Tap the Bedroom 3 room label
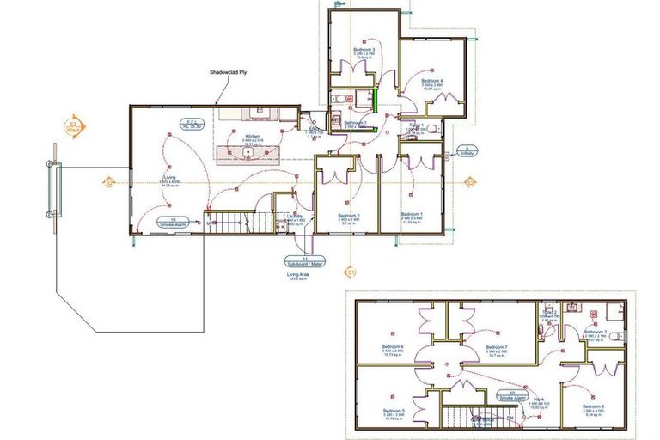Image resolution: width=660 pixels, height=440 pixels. click(363, 51)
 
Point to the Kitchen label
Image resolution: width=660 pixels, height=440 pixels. click(253, 137)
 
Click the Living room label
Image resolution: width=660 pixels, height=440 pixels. click(168, 178)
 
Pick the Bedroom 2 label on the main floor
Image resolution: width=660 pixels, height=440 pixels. click(348, 216)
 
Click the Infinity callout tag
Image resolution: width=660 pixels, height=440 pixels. click(467, 150)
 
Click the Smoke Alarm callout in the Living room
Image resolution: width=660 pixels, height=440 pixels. click(173, 222)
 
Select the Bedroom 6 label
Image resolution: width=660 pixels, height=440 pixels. click(394, 347)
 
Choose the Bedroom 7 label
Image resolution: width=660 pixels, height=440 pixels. click(497, 347)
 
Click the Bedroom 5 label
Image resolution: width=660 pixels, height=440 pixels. click(394, 412)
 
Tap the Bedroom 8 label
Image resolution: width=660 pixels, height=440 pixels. click(594, 406)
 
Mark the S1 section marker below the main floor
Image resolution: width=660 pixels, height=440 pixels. click(351, 272)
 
